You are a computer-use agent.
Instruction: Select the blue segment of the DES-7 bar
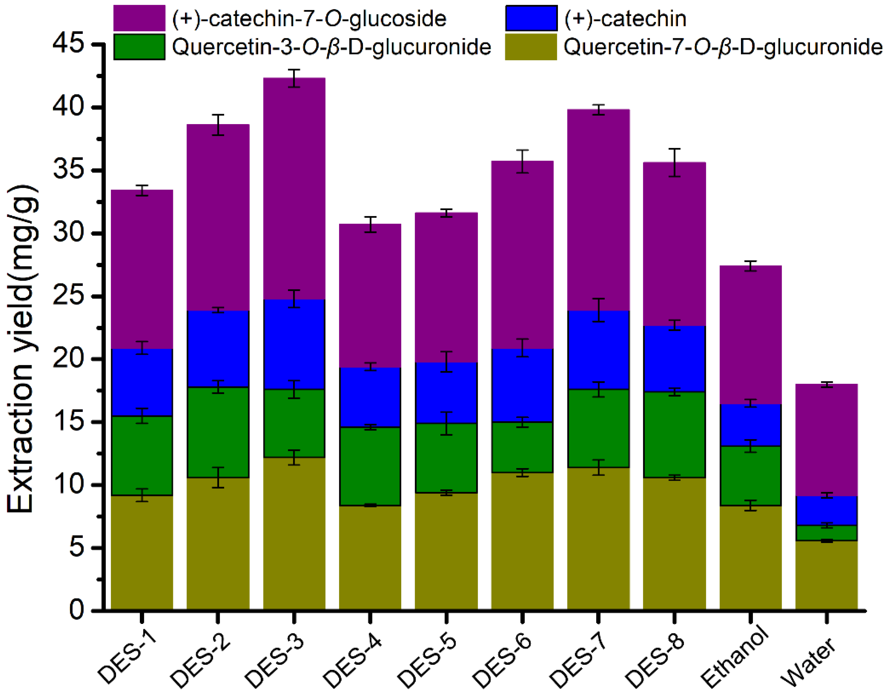[x=598, y=351]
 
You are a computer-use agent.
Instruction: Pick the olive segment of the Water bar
[x=826, y=575]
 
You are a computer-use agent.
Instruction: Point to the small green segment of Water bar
[x=826, y=533]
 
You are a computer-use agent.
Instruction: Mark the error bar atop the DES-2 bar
[x=218, y=125]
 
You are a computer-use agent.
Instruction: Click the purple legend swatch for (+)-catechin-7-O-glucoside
[x=139, y=18]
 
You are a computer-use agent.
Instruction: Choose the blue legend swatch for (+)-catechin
[x=531, y=18]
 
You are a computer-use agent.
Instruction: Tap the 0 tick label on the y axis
[x=76, y=610]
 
